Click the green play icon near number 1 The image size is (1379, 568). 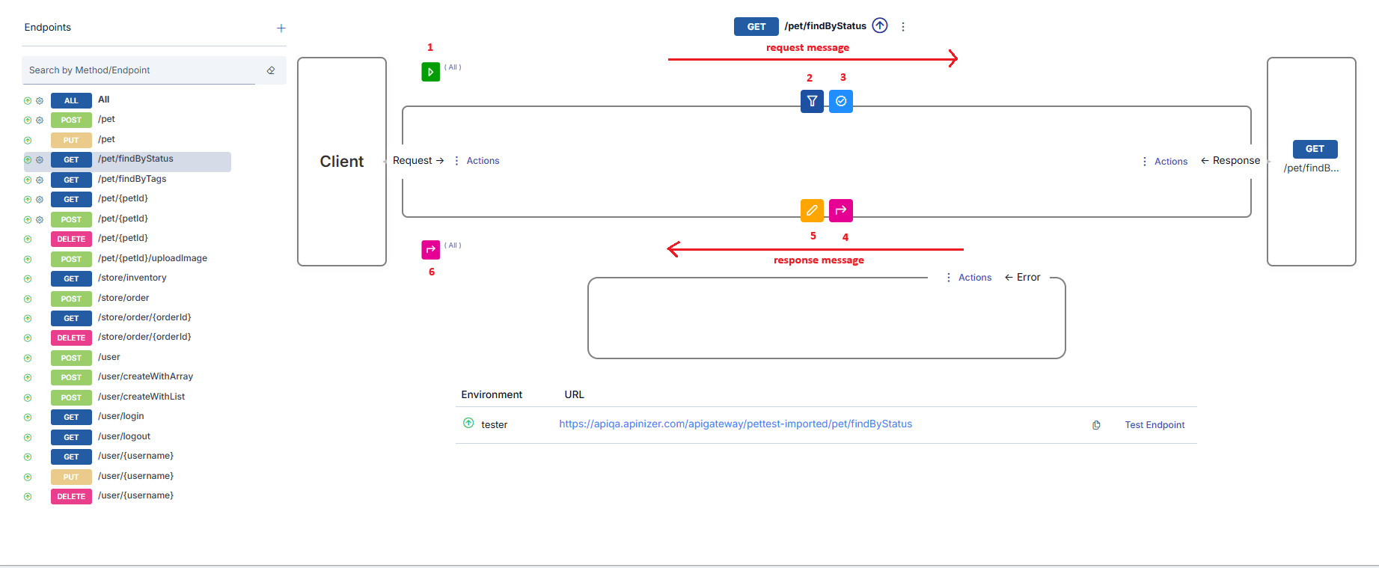coord(430,72)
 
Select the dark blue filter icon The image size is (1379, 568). coord(812,101)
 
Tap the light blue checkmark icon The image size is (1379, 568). coord(841,101)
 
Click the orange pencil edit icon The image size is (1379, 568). coord(812,210)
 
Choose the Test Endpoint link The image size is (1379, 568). coord(1155,425)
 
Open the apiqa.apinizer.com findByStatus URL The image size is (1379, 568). coord(735,424)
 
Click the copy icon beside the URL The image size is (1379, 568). coord(1096,425)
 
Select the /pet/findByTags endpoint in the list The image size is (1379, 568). coord(132,179)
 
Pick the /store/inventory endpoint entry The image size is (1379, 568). coord(132,278)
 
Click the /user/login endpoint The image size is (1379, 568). coord(120,416)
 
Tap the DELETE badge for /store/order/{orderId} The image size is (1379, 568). coord(71,338)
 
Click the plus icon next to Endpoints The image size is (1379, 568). coord(281,28)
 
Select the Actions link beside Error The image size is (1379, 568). coord(974,278)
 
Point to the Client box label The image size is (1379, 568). coord(342,162)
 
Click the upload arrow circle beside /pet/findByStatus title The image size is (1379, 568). coord(880,26)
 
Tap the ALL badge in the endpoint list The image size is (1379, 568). coord(71,100)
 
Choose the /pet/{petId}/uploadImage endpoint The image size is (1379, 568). coord(152,258)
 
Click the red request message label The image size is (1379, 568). coord(807,48)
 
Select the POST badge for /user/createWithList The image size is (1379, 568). coord(71,397)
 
